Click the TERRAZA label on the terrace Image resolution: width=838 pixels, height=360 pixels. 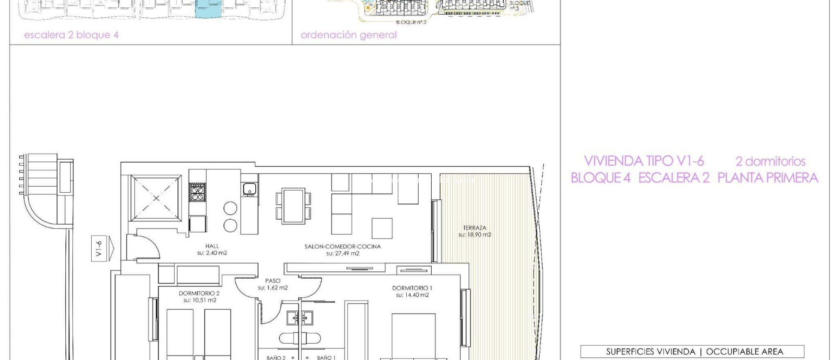point(475,228)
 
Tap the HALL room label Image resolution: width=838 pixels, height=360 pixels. point(212,246)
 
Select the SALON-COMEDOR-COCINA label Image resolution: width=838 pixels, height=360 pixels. point(342,246)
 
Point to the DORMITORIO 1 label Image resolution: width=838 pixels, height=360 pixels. point(412,288)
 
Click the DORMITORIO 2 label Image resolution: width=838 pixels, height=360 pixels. point(199,293)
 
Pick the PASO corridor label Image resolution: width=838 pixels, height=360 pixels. point(273,281)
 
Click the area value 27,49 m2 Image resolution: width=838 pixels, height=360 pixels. point(343,254)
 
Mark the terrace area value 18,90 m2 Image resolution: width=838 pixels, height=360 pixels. point(475,235)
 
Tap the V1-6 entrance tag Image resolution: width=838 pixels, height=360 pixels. point(99,248)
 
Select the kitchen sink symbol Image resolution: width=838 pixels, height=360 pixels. point(249,189)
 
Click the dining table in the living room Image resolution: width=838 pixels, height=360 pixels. point(293,206)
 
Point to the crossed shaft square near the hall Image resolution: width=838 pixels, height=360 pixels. point(156,198)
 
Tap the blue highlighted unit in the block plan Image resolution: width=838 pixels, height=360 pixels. point(208,9)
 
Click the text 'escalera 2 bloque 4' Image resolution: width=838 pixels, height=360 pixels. point(71,35)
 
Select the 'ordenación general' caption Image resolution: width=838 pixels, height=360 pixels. point(349,35)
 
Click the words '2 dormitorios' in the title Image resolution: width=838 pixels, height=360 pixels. point(770,162)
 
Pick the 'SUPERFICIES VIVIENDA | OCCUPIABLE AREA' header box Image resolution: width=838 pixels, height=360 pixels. point(692,351)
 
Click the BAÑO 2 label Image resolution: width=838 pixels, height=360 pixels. point(276,358)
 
